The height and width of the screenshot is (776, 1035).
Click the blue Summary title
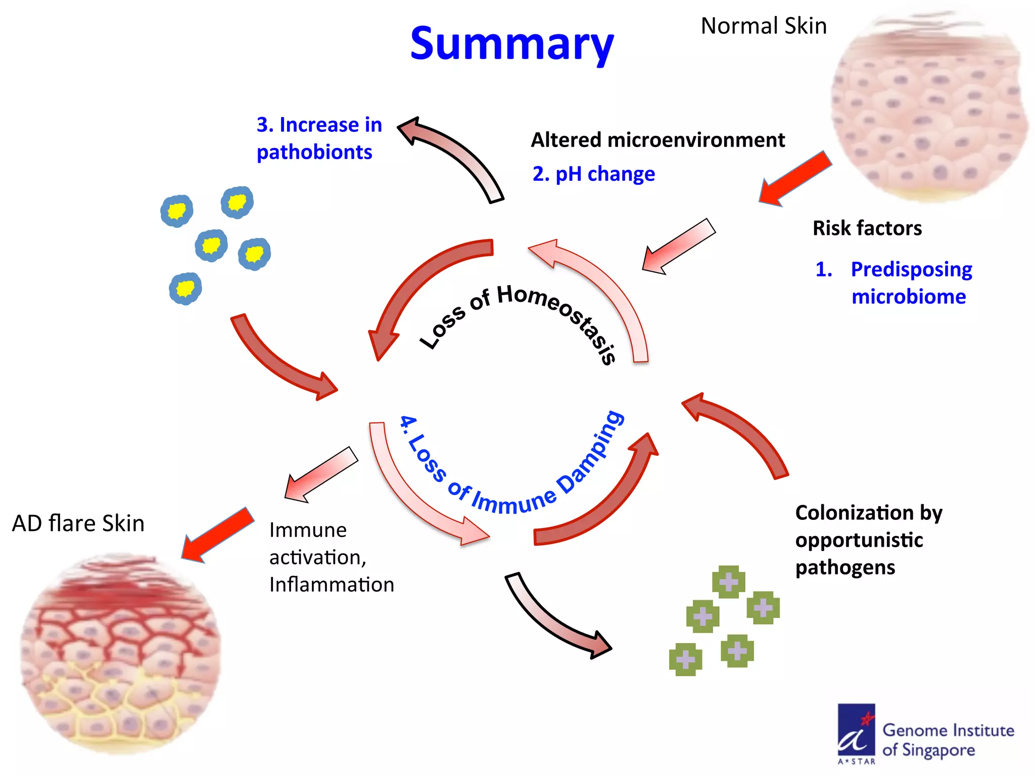511,44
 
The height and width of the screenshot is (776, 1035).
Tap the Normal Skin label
763,26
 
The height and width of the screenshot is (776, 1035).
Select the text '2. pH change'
593,174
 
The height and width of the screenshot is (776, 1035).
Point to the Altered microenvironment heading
657,140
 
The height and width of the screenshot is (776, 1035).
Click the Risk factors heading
867,228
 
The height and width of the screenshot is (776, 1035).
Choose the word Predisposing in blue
911,269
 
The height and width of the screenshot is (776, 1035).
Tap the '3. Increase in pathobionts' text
318,138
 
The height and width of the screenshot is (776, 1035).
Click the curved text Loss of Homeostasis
521,313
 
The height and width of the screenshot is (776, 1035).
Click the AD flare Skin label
78,523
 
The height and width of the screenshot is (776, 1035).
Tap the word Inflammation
331,585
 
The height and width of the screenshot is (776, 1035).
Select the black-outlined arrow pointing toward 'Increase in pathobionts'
452,154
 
